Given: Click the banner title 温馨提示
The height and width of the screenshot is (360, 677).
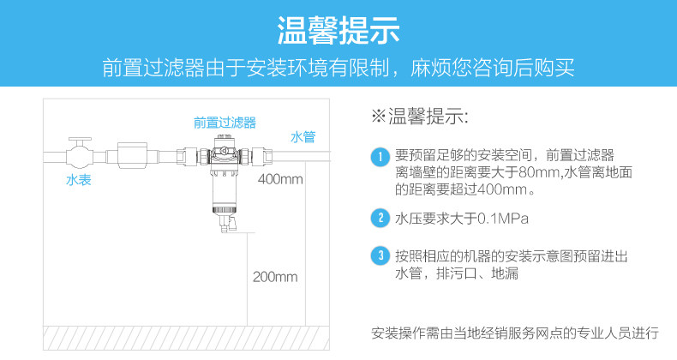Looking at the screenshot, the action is pos(338,31).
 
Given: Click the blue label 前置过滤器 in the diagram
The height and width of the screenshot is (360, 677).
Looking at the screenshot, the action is pos(225,123).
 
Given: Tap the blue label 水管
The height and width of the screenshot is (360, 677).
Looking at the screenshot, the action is pos(303,137).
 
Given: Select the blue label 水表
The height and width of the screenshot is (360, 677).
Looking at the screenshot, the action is pos(79,179).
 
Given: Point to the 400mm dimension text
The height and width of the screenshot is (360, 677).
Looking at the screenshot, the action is pos(280,178).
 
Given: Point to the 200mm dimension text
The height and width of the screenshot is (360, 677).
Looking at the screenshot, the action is pos(275,277).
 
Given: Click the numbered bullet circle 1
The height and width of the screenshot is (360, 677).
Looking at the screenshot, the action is pos(380,157).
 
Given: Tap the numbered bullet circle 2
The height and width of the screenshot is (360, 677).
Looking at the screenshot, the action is pos(380,218).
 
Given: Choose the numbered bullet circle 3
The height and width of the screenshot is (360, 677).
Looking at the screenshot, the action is pos(380,255).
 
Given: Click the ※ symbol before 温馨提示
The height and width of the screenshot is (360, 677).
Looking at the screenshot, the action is pos(378,116).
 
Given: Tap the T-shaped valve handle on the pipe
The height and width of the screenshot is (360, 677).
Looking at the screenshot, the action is pos(80,142).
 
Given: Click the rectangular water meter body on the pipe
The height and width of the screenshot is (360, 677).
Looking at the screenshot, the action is pos(133,155).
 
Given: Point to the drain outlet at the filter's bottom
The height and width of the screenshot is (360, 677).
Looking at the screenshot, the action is pos(227,225).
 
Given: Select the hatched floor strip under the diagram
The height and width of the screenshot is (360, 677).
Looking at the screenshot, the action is pos(186,338).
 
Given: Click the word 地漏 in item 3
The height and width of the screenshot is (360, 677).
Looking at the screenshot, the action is pos(504,273).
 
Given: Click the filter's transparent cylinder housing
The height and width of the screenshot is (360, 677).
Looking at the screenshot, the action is pos(223,190).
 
